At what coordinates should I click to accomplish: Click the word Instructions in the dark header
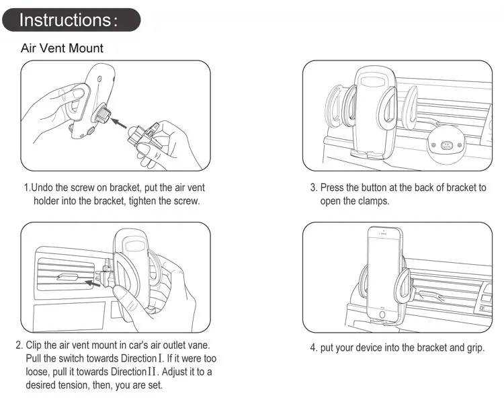64,20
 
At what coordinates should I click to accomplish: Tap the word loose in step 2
39,372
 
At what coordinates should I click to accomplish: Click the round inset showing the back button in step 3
446,145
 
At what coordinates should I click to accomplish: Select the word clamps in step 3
371,201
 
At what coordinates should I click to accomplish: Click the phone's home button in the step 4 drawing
384,315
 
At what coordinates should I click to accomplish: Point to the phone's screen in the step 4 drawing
384,269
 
